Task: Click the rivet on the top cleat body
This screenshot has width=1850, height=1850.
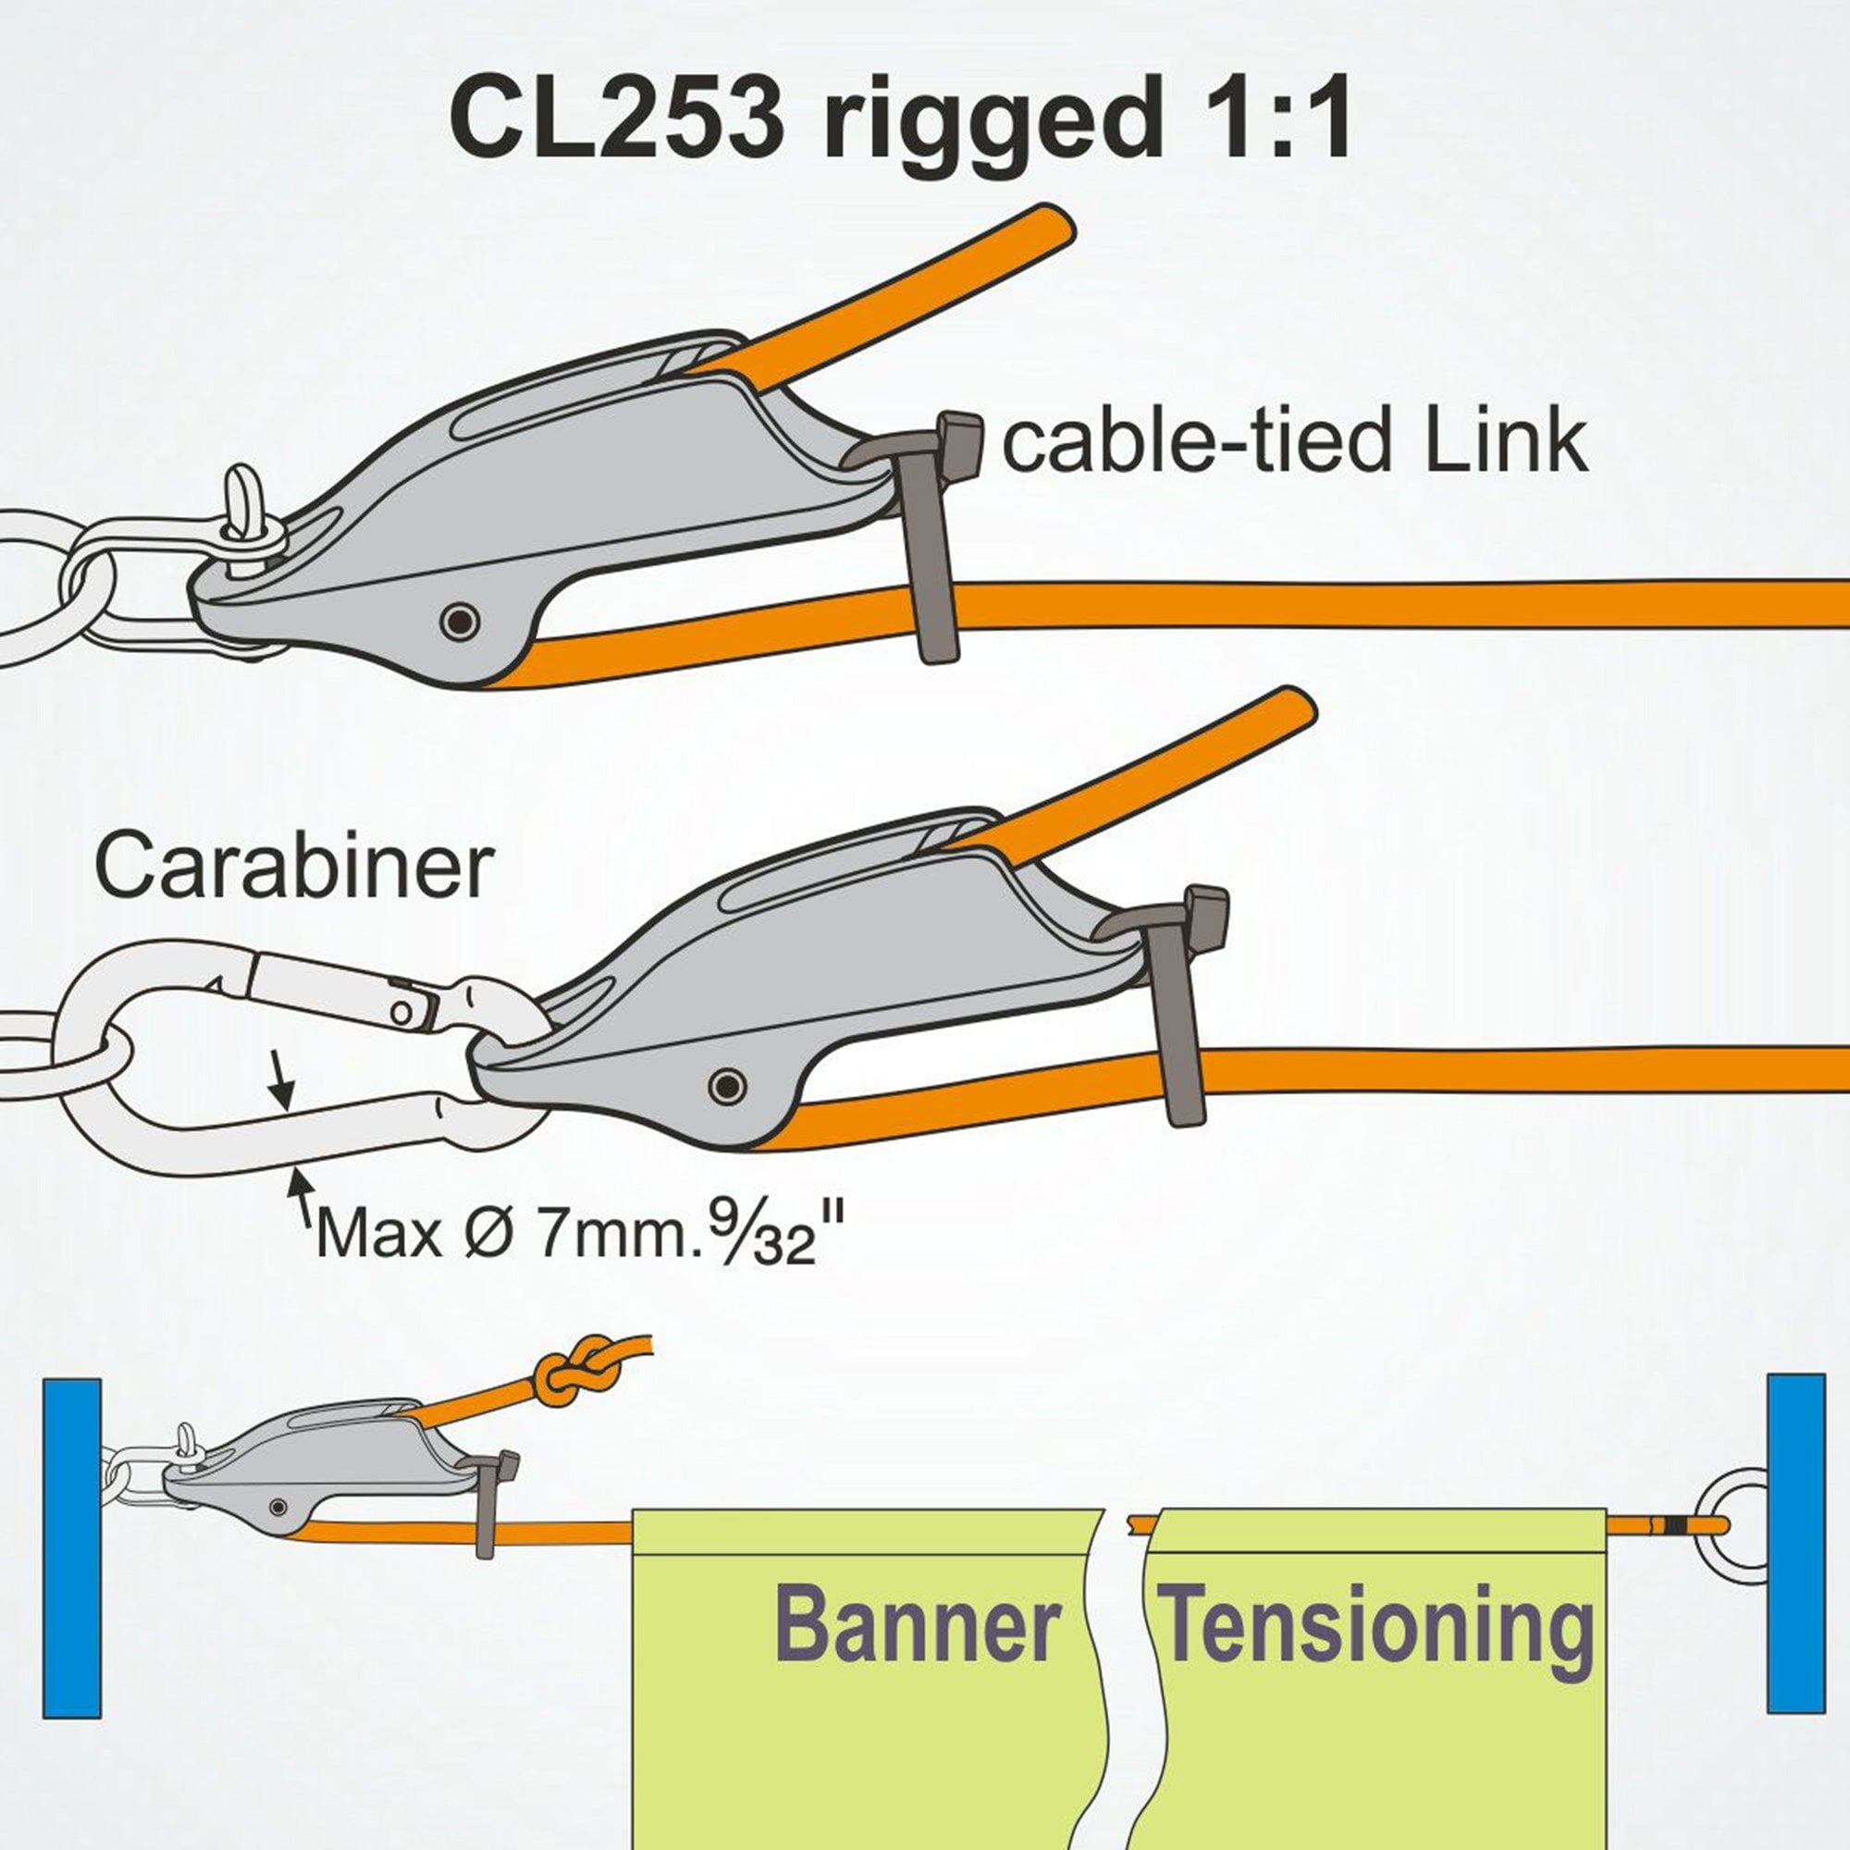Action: (x=460, y=623)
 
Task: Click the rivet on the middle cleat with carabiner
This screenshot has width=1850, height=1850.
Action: (x=728, y=1085)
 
